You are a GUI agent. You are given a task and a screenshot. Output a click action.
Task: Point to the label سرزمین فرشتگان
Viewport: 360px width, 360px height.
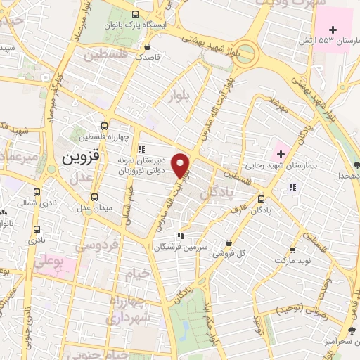click(181, 247)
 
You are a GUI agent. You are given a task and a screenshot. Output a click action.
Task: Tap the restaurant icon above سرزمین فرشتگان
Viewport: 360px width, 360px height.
click(181, 236)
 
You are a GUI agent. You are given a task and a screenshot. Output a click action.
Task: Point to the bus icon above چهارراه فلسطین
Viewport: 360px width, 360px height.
click(105, 125)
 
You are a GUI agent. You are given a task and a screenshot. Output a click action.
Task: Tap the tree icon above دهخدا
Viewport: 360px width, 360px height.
click(357, 165)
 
